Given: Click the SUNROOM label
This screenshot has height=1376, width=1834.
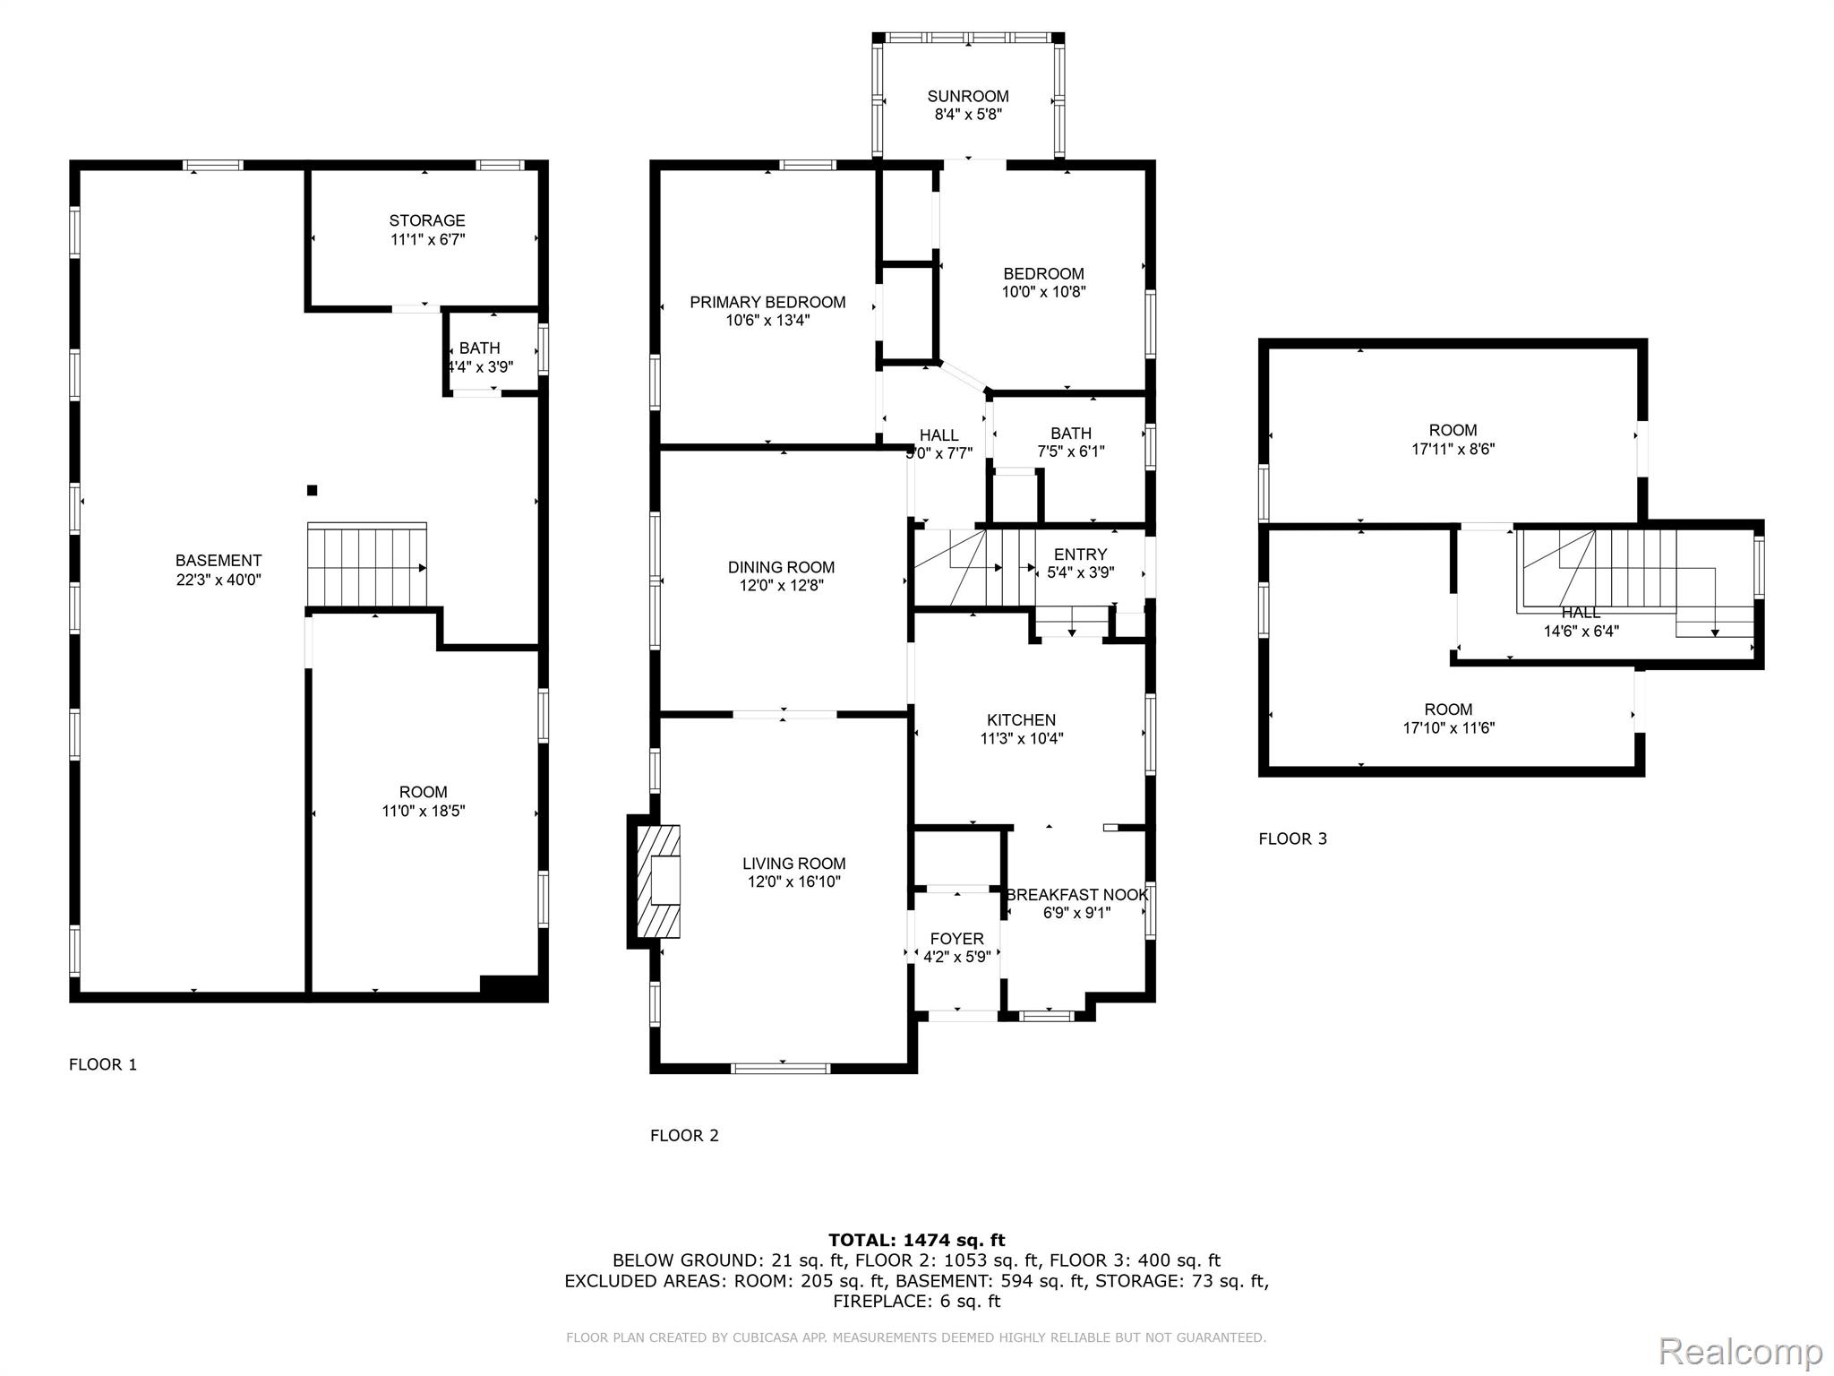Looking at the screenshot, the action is coord(967,96).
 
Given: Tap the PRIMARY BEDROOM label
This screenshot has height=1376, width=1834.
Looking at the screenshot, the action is coord(767,302).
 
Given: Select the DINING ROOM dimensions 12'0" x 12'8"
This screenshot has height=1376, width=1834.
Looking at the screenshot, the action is coord(781,585).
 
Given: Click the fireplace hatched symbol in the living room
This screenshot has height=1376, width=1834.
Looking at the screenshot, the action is coord(657,881).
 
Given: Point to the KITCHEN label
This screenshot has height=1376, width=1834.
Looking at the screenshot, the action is coord(1021,720).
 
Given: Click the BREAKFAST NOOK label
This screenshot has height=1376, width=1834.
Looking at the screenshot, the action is coord(1076,895).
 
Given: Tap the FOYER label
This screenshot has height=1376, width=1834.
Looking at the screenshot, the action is coord(956,939).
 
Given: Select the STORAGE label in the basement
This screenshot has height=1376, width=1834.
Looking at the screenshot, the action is coord(427,220).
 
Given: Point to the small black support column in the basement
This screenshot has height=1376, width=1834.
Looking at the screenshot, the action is coord(312,490).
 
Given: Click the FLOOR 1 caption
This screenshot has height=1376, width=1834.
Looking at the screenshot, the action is coord(103,1064).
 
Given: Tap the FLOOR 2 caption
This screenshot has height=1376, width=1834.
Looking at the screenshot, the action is coord(684,1135).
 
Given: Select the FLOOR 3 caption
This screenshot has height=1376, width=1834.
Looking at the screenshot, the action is coord(1292,838).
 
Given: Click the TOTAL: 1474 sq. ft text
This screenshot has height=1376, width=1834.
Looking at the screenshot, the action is coord(916,1240).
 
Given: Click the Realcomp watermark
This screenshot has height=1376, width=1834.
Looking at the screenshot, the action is coord(1740,1351).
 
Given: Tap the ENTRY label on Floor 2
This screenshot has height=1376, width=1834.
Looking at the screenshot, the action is coord(1080,555).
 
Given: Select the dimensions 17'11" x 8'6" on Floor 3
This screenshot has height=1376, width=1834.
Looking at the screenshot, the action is coord(1453,449).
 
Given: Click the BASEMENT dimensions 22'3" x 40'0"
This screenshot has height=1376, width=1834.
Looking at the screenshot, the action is coord(219,580).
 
